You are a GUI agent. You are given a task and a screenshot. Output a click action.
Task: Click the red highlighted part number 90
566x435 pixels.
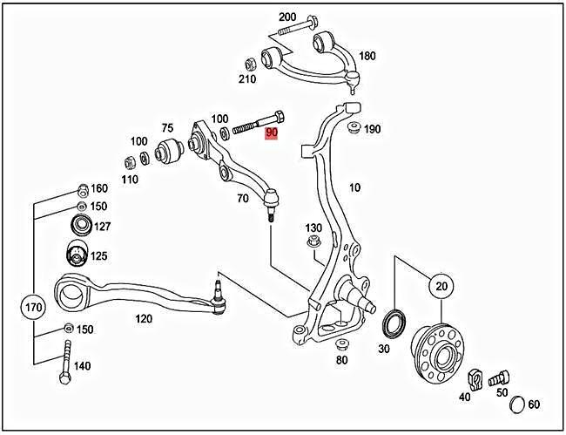[272, 133]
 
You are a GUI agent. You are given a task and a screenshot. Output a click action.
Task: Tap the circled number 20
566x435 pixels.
[441, 286]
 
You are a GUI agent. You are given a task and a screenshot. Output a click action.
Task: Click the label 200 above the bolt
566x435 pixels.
[287, 17]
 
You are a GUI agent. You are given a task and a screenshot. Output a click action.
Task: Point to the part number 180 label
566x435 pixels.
[367, 56]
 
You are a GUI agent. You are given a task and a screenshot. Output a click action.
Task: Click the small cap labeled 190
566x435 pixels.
[354, 130]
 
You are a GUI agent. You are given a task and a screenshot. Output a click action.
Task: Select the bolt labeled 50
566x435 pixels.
[497, 379]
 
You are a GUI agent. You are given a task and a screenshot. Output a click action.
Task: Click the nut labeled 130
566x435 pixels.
[313, 243]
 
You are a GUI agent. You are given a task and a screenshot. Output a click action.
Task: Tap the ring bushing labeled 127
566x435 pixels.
[81, 227]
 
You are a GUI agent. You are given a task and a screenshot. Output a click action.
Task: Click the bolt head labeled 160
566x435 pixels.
[81, 188]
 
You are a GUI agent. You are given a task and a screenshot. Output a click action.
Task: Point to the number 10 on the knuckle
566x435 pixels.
[354, 187]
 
